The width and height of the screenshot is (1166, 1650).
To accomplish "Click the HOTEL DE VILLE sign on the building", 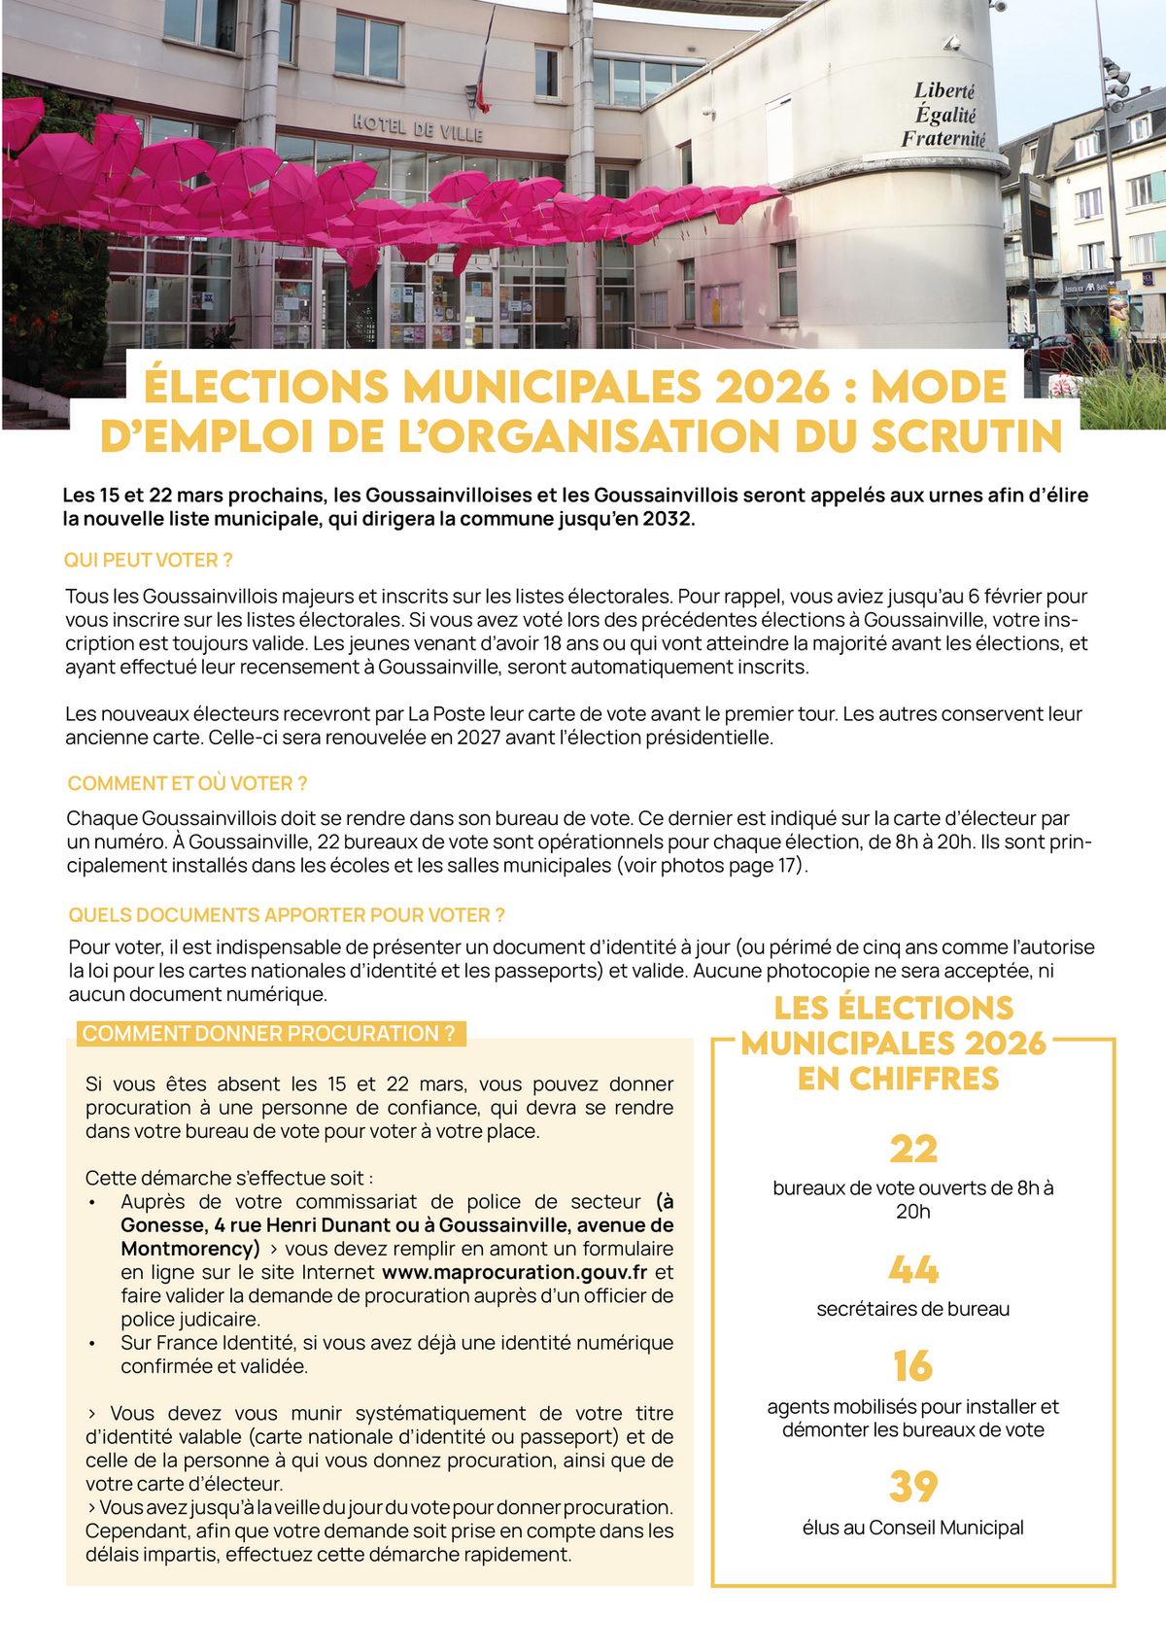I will tap(417, 127).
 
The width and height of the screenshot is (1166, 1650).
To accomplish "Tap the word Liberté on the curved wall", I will tap(943, 90).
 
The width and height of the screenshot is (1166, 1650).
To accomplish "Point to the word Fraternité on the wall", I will tap(943, 139).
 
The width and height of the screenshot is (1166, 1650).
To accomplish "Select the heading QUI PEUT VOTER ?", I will tap(148, 561).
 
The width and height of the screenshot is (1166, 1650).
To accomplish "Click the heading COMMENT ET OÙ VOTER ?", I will tap(187, 784).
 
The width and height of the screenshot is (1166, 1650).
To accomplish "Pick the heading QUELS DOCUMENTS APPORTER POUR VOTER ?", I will tap(286, 915).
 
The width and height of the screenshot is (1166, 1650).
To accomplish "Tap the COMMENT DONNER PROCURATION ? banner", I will tap(269, 1034).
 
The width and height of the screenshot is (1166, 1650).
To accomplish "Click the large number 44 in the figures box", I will tap(912, 1270).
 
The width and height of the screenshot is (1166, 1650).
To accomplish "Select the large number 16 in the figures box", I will tap(912, 1366).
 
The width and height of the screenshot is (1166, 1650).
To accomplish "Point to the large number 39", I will tap(912, 1487).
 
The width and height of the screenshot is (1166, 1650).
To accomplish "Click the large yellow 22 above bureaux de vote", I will tap(912, 1150).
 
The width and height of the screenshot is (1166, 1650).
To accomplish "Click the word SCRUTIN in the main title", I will tap(967, 436).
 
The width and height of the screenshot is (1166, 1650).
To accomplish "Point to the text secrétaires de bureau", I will tap(912, 1309).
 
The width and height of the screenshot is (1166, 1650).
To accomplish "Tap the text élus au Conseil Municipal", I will tap(912, 1528).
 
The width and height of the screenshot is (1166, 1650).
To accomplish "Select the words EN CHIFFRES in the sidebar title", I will tap(898, 1079).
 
